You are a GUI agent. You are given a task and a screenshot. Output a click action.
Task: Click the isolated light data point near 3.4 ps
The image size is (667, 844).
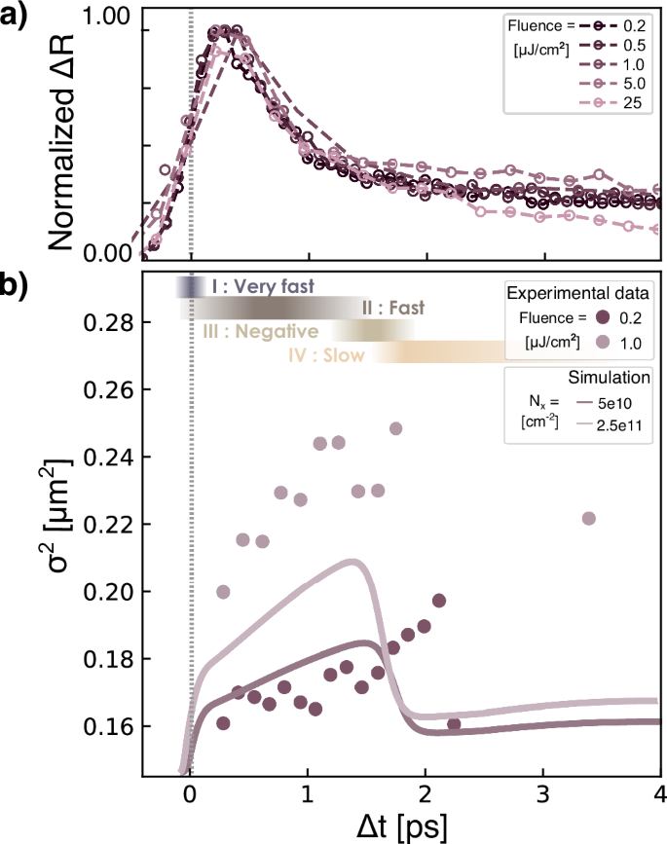click(588, 518)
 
